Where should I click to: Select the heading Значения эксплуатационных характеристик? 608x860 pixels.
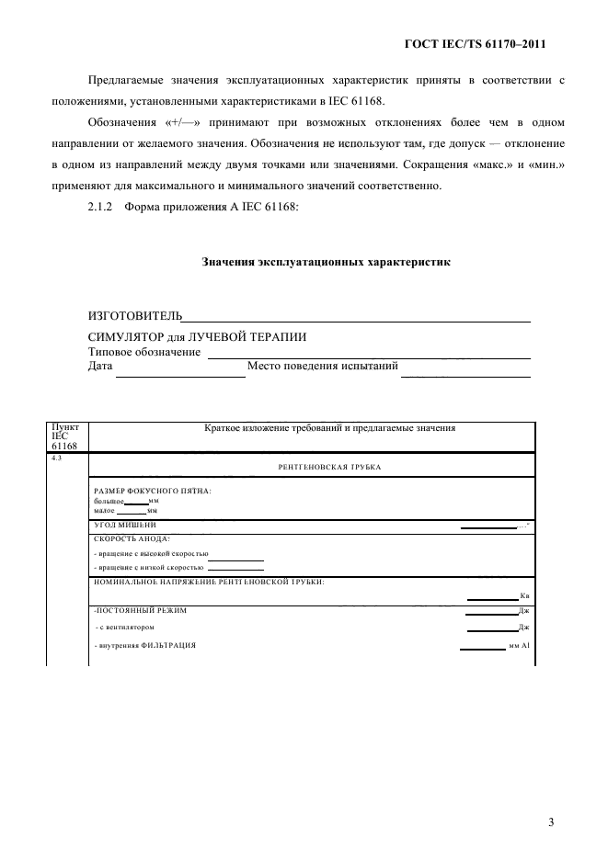tap(326, 262)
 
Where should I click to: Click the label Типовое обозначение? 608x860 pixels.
tap(144, 352)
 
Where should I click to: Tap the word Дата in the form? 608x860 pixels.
tap(100, 367)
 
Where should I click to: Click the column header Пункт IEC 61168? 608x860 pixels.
tap(66, 436)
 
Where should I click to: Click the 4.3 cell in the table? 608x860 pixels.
tap(57, 458)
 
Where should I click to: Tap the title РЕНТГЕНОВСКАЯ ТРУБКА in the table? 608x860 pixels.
tap(328, 468)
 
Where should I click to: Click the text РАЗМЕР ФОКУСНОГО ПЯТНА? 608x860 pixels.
tap(153, 491)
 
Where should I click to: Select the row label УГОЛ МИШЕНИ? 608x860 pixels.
tap(125, 525)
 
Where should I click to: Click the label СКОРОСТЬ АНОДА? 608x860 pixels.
tap(132, 538)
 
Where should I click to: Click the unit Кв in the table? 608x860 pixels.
tap(524, 596)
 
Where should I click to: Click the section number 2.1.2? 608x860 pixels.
tap(99, 206)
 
